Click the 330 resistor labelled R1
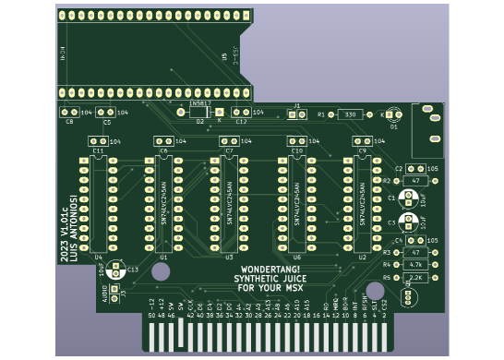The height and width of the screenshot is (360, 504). (350, 114)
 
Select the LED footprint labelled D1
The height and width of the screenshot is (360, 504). (393, 114)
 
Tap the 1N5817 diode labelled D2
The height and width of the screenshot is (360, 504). (199, 112)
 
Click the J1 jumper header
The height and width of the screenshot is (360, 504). (296, 114)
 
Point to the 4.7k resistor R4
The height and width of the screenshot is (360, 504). (415, 265)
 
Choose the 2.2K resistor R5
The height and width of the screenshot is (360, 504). (415, 277)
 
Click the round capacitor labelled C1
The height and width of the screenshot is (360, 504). (407, 198)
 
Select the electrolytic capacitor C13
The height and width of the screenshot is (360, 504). (115, 270)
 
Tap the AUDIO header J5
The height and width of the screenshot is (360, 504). (114, 293)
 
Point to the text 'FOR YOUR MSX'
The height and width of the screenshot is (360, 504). (270, 287)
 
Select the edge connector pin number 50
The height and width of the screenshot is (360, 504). (151, 316)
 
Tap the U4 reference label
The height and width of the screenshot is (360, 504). (99, 258)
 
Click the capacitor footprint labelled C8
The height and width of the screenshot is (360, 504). (69, 113)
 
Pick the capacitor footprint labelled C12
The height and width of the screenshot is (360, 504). (241, 113)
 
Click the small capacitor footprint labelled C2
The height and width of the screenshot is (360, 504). (415, 169)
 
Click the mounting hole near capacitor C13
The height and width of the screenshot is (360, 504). (161, 271)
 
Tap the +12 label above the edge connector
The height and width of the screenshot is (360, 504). (162, 303)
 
